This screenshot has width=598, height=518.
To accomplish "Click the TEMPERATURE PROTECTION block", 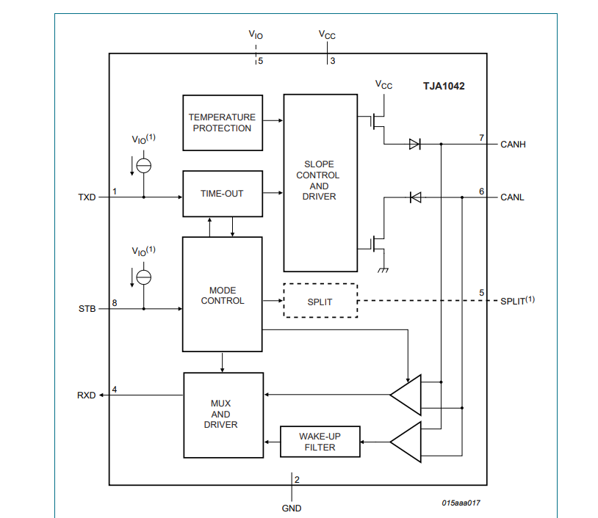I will click(222, 123).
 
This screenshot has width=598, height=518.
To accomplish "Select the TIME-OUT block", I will click(222, 194).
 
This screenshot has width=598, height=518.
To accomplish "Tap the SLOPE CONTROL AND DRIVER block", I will click(320, 182).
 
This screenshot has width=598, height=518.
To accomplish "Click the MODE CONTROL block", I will click(222, 293).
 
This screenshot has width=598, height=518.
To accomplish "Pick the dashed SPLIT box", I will click(320, 301).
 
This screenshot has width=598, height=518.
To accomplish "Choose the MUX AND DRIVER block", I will click(223, 414).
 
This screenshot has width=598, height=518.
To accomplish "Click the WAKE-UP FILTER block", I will click(320, 442).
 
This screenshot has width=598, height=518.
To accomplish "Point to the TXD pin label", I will click(87, 197).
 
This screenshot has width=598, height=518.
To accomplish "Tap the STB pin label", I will click(87, 309).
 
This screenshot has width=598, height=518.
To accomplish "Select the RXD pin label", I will click(87, 395).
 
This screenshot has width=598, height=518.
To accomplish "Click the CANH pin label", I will click(513, 145).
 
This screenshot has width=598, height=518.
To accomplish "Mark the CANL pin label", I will click(513, 197).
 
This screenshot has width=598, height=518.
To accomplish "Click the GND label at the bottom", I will click(292, 508).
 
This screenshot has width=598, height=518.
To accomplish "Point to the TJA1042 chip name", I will click(443, 86).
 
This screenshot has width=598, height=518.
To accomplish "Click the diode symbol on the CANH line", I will click(414, 145).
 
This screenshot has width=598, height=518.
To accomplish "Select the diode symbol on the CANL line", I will click(415, 197).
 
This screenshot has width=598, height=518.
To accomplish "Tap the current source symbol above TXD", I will click(144, 165).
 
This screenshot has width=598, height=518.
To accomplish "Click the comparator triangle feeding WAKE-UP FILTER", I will click(406, 442).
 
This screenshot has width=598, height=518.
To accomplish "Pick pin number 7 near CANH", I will click(481, 138).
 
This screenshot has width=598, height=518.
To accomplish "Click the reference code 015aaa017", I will click(461, 503).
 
